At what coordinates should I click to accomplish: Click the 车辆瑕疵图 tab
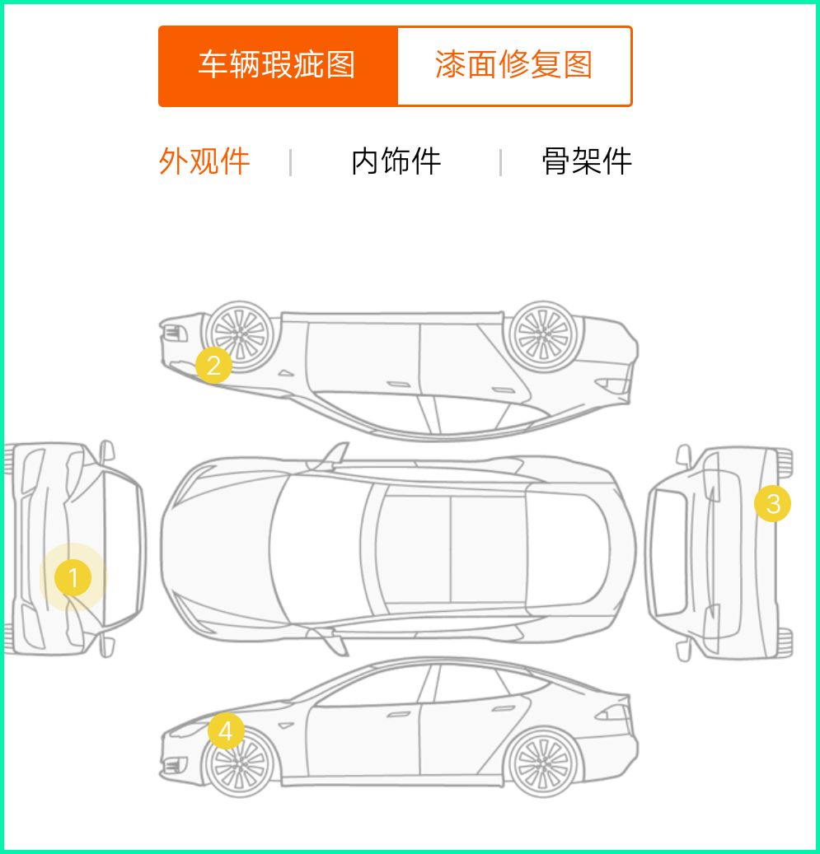(278, 66)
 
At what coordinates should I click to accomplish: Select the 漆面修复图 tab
(514, 66)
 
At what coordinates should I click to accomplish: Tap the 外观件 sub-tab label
(204, 161)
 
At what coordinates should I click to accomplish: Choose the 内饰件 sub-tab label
(396, 161)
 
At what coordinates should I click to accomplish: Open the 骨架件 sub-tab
(587, 161)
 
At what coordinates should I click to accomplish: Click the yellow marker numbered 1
(73, 579)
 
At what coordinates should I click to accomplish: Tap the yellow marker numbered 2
(214, 365)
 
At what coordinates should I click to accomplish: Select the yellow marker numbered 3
(773, 503)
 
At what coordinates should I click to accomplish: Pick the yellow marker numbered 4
(226, 730)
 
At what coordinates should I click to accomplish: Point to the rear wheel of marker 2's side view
(541, 334)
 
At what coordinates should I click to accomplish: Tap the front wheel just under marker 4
(239, 763)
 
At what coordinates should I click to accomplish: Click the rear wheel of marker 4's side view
(541, 763)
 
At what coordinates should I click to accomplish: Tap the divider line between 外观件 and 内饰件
(291, 162)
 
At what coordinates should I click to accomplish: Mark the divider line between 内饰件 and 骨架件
(500, 162)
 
